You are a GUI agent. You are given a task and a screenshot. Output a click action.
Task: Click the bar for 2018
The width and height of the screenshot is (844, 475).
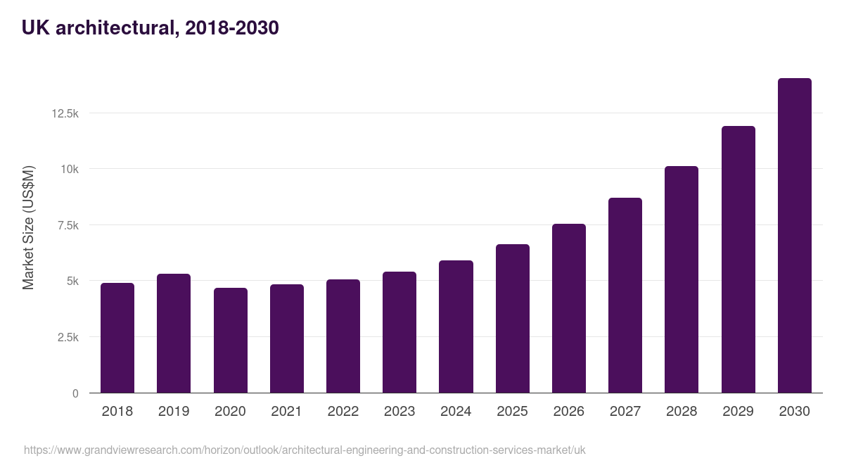(x=117, y=338)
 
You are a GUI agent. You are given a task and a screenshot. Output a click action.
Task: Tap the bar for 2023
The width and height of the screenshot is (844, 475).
(x=399, y=332)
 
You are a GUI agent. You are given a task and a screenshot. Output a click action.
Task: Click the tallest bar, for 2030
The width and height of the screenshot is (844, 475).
(x=795, y=236)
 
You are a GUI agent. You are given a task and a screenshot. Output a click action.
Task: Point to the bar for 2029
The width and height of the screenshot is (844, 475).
(x=738, y=260)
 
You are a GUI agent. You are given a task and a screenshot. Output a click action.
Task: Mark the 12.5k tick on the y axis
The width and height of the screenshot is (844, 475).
(x=64, y=113)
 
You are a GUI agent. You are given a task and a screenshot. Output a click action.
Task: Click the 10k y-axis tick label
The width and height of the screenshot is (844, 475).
(x=69, y=169)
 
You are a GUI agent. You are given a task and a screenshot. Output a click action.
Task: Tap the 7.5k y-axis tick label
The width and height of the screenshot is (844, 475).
(x=67, y=225)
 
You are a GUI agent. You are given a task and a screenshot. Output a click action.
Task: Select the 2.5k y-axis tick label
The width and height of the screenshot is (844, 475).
(x=67, y=337)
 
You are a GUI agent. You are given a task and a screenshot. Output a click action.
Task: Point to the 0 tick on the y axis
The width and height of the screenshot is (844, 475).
(x=75, y=393)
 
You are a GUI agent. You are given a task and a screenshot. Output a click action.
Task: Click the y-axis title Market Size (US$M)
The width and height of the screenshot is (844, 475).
(x=28, y=227)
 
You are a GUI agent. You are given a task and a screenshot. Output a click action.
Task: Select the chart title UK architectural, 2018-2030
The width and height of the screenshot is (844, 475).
(x=151, y=28)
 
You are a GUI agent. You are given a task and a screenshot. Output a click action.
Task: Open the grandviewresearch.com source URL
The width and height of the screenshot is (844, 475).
(x=305, y=450)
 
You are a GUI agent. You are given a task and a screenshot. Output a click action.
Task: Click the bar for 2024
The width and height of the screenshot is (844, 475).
(x=456, y=327)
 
